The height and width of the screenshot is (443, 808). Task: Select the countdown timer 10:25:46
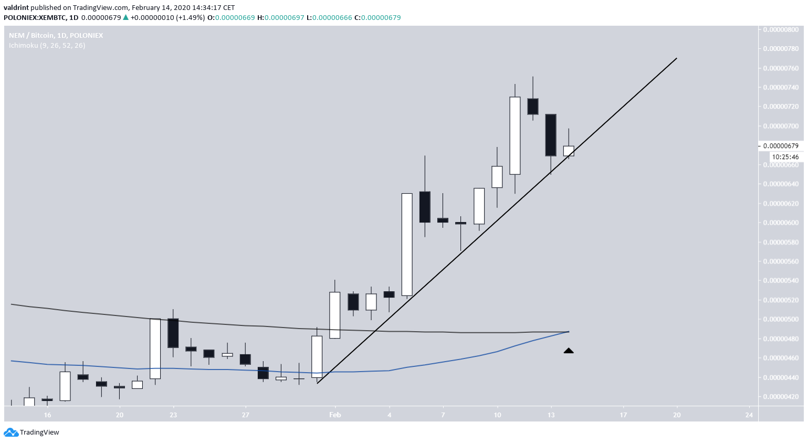point(785,157)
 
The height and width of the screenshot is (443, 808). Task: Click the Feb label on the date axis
point(335,415)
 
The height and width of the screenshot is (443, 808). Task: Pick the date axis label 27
point(245,415)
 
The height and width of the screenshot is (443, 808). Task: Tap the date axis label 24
point(749,415)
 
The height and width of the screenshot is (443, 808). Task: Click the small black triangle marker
point(569,351)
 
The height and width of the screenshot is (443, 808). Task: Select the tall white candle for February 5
point(407,245)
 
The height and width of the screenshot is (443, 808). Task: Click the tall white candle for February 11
point(515,135)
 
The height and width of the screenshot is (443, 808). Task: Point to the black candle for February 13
point(551,135)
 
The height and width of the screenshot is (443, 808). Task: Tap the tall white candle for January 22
point(155,349)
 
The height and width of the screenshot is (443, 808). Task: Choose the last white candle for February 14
point(569,151)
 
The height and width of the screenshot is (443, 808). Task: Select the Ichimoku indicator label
point(47,46)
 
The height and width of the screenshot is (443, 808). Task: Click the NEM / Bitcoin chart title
point(56,35)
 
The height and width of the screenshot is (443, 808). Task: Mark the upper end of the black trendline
point(676,58)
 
